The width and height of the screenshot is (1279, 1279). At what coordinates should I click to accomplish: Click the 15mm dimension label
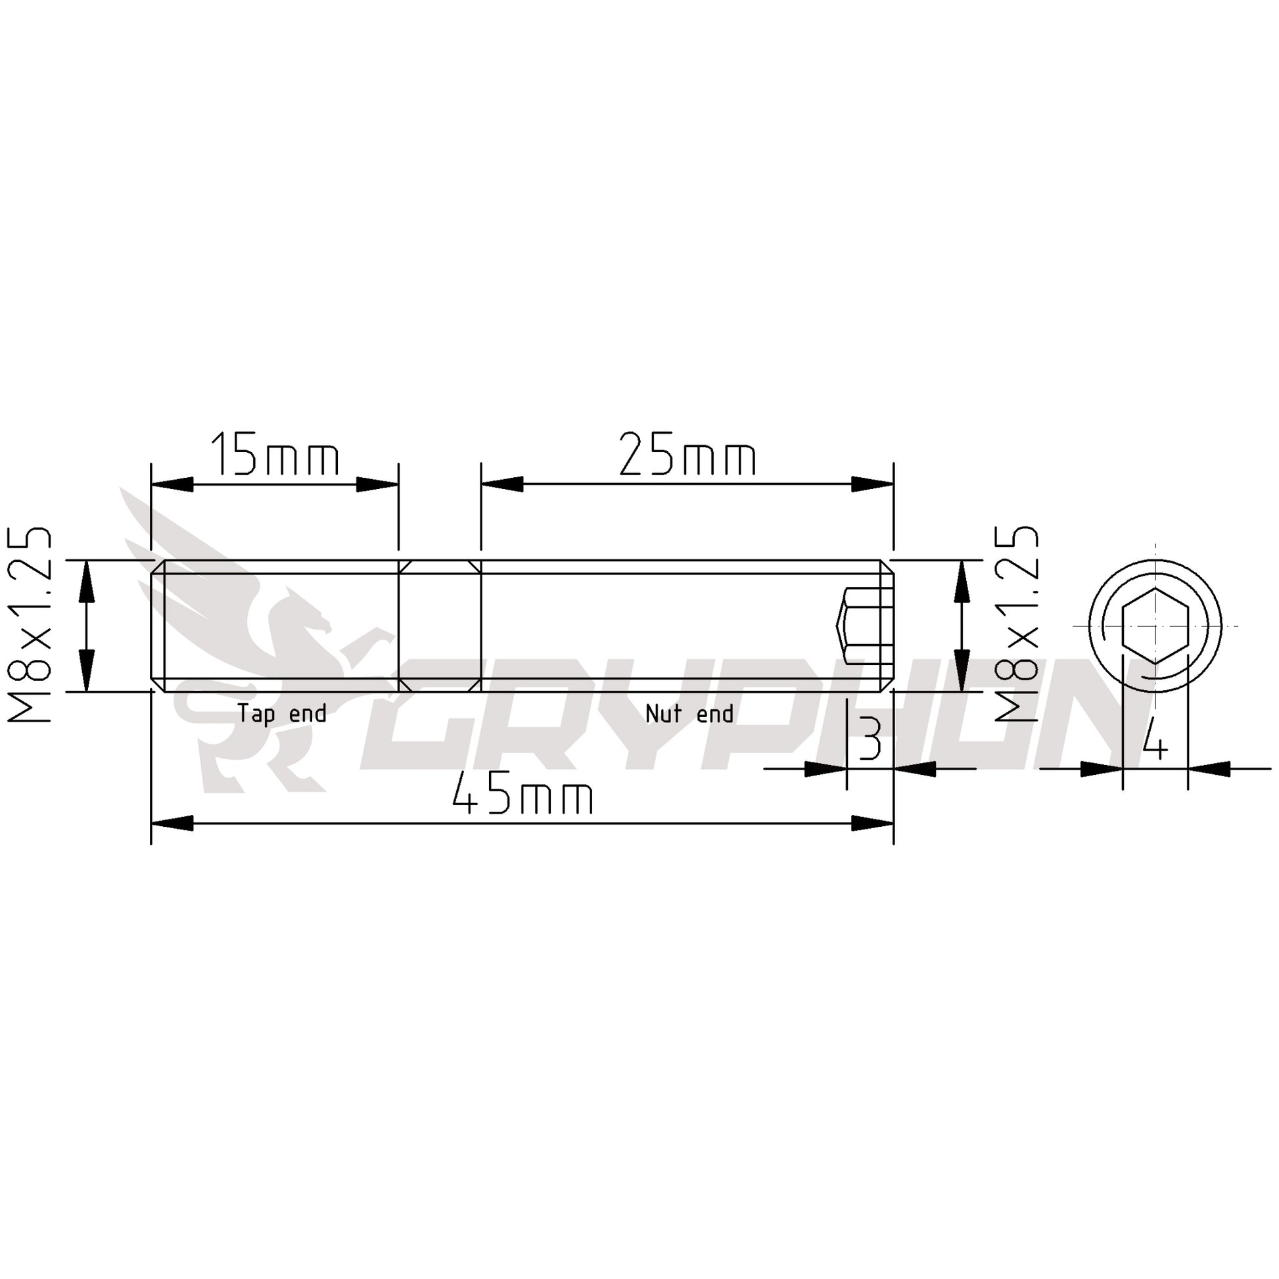275,455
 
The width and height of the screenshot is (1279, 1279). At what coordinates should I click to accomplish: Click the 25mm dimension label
687,455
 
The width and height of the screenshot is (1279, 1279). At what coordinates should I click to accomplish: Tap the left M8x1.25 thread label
30,624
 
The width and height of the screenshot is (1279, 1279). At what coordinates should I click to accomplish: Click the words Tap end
282,714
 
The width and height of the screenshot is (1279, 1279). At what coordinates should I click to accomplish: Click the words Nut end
689,714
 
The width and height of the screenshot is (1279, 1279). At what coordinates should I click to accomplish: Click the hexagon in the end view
1155,626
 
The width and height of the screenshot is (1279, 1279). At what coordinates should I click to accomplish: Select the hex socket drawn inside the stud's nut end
860,626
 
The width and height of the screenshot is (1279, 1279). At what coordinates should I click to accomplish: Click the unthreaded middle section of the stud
440,626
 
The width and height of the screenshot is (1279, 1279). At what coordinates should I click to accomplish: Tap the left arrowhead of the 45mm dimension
172,824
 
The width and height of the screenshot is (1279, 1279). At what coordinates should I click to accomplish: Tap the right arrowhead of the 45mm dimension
873,824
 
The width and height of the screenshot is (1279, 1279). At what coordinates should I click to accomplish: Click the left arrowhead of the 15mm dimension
172,484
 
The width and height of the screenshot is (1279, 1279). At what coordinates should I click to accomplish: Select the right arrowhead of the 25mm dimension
873,484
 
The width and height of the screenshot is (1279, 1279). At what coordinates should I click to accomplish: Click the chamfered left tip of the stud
158,626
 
